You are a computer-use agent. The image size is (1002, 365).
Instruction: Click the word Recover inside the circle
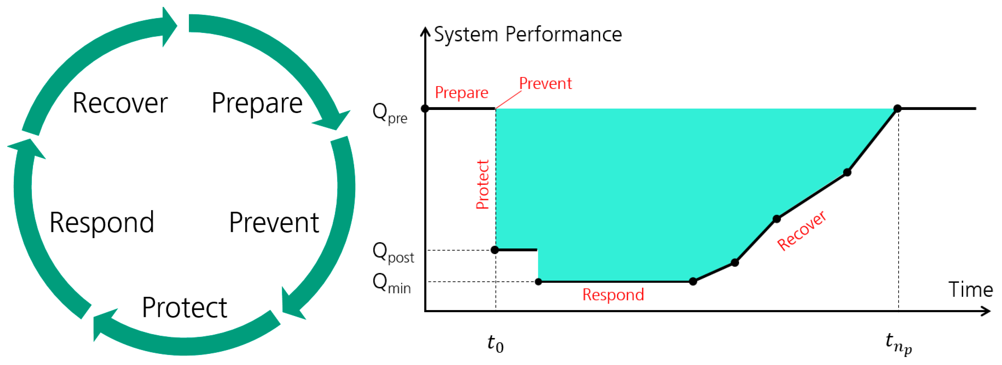click(120, 103)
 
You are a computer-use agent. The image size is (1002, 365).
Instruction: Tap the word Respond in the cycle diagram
click(102, 223)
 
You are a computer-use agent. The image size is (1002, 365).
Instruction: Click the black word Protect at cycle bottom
click(184, 308)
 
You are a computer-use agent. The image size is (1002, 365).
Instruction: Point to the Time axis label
click(970, 290)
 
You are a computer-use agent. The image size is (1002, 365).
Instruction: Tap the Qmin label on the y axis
click(391, 283)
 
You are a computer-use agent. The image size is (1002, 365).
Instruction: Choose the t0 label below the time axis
click(495, 344)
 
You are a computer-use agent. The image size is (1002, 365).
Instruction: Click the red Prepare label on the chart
click(461, 93)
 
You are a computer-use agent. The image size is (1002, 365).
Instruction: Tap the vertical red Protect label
click(482, 185)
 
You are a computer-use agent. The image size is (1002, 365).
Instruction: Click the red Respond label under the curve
click(613, 294)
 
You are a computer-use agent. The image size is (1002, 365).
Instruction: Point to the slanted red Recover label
click(801, 231)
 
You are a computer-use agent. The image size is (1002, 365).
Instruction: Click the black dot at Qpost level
click(495, 250)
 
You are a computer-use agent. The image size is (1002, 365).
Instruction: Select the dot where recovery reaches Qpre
click(897, 109)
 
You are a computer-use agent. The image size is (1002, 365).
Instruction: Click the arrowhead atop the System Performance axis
click(425, 31)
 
